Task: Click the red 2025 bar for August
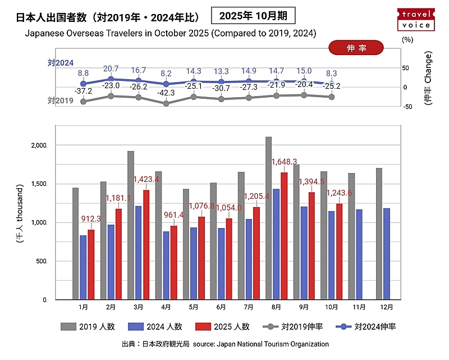click(x=284, y=236)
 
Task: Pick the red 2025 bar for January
click(x=91, y=265)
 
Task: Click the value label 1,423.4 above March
click(x=146, y=180)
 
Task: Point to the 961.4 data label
click(x=173, y=215)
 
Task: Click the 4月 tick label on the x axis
click(x=166, y=307)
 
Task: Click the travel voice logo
click(x=416, y=19)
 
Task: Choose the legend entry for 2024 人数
click(x=156, y=326)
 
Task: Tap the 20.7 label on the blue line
click(x=111, y=69)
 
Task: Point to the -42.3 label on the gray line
click(x=166, y=93)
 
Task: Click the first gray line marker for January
click(x=84, y=102)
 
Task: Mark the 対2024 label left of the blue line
click(x=61, y=63)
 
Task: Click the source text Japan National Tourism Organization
click(x=273, y=344)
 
